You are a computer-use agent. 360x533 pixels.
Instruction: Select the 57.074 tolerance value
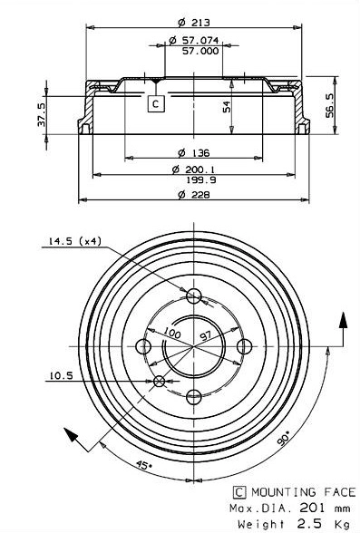pyautogui.click(x=194, y=41)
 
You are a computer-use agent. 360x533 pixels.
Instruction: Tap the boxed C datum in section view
pyautogui.click(x=156, y=104)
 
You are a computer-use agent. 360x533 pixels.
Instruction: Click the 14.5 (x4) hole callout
pyautogui.click(x=70, y=242)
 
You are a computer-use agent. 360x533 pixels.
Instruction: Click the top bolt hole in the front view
pyautogui.click(x=192, y=296)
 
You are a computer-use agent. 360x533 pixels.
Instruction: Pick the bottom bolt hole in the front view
pyautogui.click(x=192, y=396)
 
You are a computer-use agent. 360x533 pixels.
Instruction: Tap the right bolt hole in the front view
pyautogui.click(x=243, y=345)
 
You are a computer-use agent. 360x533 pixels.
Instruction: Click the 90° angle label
pyautogui.click(x=285, y=437)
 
